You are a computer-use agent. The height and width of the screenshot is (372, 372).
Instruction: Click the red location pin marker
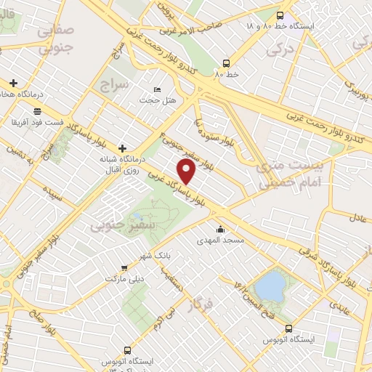pos(187,172)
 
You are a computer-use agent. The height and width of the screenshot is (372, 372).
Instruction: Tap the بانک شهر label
pos(155,256)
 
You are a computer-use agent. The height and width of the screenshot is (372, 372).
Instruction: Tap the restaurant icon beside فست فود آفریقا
pos(15,112)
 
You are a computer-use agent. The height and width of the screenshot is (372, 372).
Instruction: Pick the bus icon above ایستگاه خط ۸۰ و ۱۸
pos(281,15)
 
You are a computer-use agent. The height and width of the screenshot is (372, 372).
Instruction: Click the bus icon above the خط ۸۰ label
pos(227,62)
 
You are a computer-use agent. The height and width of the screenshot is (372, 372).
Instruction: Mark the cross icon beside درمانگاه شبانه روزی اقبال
pos(122,147)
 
